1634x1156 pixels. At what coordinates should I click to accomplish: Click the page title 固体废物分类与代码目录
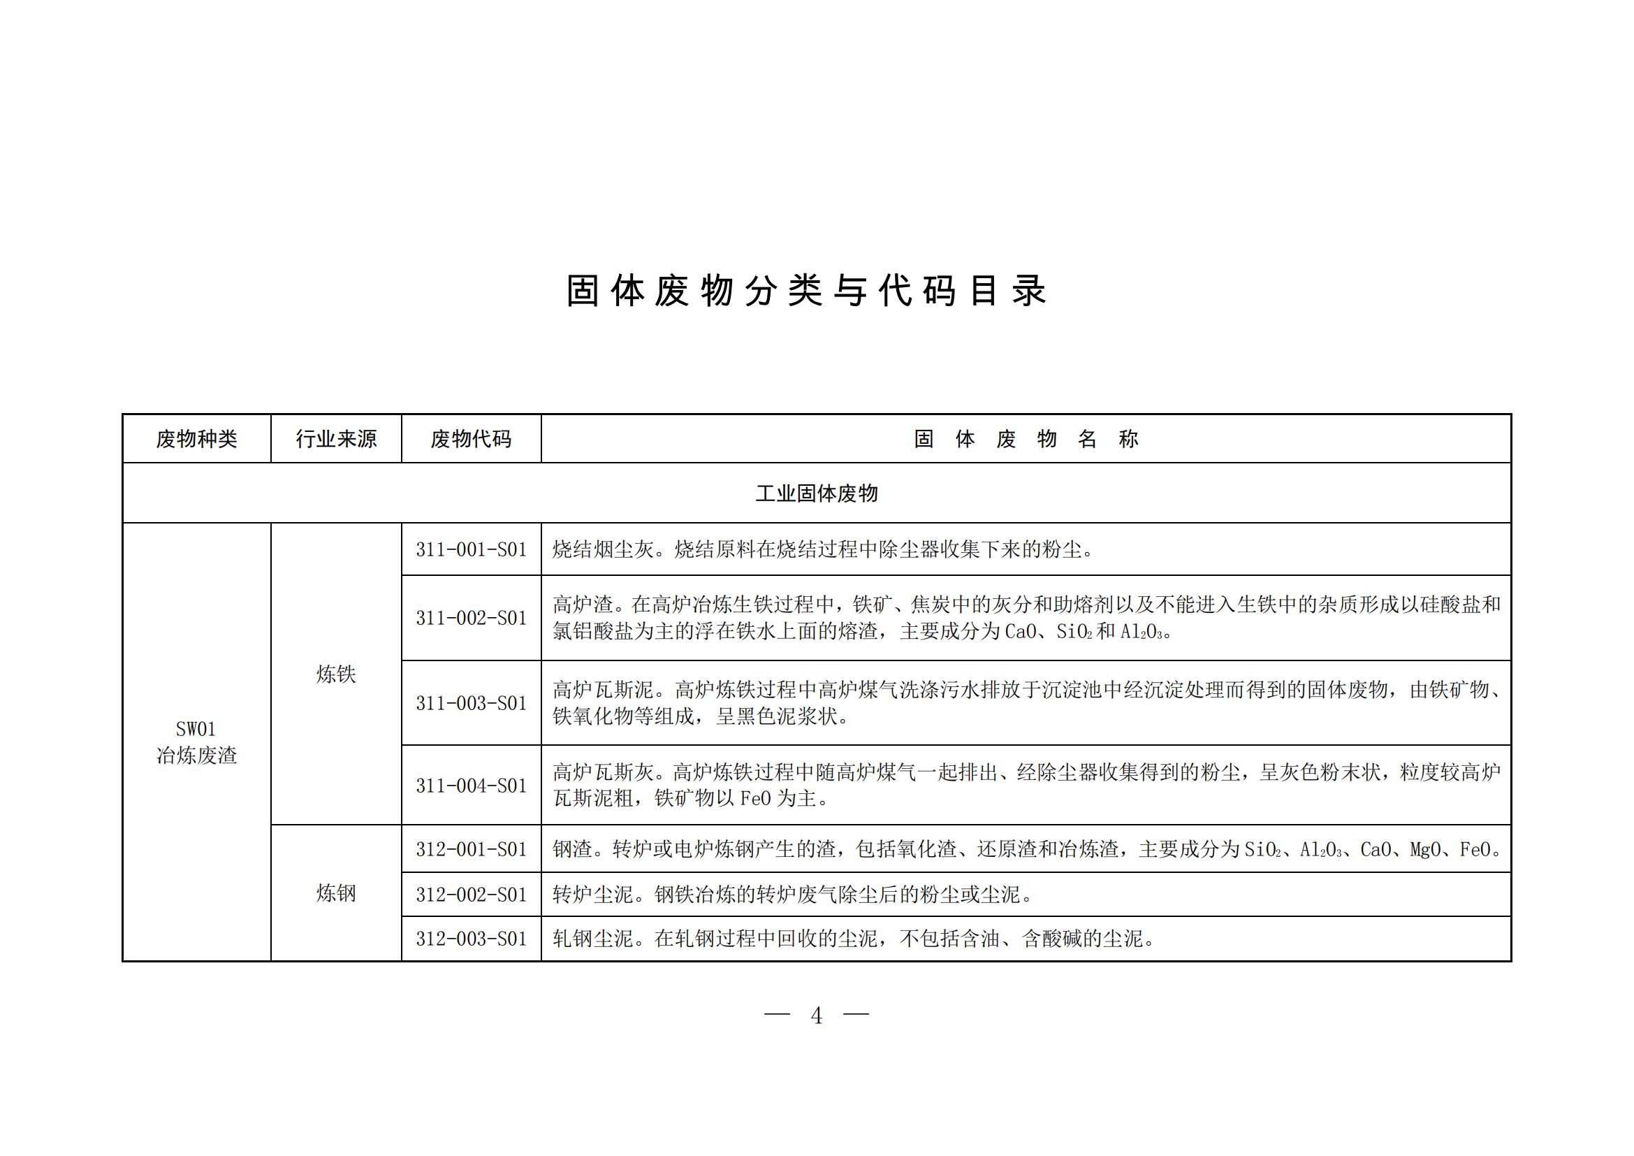(x=805, y=291)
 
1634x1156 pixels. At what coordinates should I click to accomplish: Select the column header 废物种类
(x=196, y=439)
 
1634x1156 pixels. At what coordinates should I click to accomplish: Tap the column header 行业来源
(x=336, y=439)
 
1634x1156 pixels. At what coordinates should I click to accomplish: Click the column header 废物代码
(x=470, y=439)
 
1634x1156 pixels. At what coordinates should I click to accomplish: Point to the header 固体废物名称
(x=1026, y=439)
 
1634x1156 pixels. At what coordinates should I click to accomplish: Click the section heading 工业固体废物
(x=816, y=493)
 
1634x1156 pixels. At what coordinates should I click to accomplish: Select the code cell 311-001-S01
(x=471, y=549)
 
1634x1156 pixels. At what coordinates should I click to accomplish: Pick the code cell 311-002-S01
(x=471, y=618)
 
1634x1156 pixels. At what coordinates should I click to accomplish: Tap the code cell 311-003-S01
(x=471, y=703)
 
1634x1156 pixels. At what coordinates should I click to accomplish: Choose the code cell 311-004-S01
(x=471, y=786)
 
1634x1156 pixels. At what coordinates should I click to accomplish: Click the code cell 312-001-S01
(x=471, y=849)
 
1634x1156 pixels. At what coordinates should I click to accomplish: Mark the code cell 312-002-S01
(x=471, y=895)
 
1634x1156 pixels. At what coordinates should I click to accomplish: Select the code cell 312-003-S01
(x=471, y=939)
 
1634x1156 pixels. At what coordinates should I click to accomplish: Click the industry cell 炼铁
(x=336, y=674)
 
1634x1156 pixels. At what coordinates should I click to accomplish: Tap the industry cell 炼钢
(x=336, y=893)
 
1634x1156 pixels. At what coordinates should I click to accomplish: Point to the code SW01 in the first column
(x=196, y=729)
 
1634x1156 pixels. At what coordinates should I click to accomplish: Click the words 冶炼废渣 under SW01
(x=196, y=756)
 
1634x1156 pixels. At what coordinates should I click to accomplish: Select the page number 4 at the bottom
(x=816, y=1016)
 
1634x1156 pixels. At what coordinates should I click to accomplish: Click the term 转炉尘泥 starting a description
(x=592, y=895)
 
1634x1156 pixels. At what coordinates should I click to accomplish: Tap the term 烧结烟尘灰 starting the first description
(x=603, y=549)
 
